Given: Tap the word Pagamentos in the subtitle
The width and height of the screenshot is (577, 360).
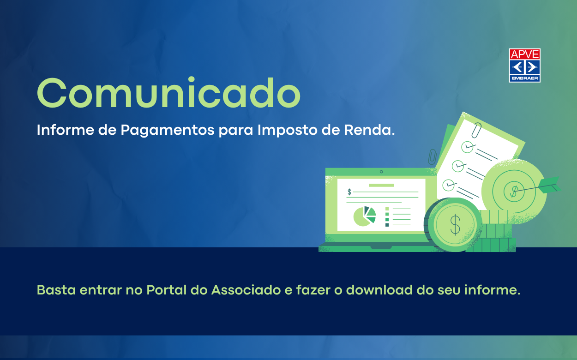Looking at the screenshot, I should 168,131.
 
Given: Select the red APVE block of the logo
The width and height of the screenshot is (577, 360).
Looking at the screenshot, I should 524,54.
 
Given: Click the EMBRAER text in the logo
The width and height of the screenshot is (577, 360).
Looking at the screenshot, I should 524,79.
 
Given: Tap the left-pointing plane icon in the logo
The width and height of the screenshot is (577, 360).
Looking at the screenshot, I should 517,67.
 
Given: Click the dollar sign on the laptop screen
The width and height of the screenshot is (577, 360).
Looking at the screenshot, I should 349,192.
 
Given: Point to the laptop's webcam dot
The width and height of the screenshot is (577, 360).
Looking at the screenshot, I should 381,172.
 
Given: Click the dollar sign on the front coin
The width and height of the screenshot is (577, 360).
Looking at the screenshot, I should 455,225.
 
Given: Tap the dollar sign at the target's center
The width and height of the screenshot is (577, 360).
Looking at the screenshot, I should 513,190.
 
